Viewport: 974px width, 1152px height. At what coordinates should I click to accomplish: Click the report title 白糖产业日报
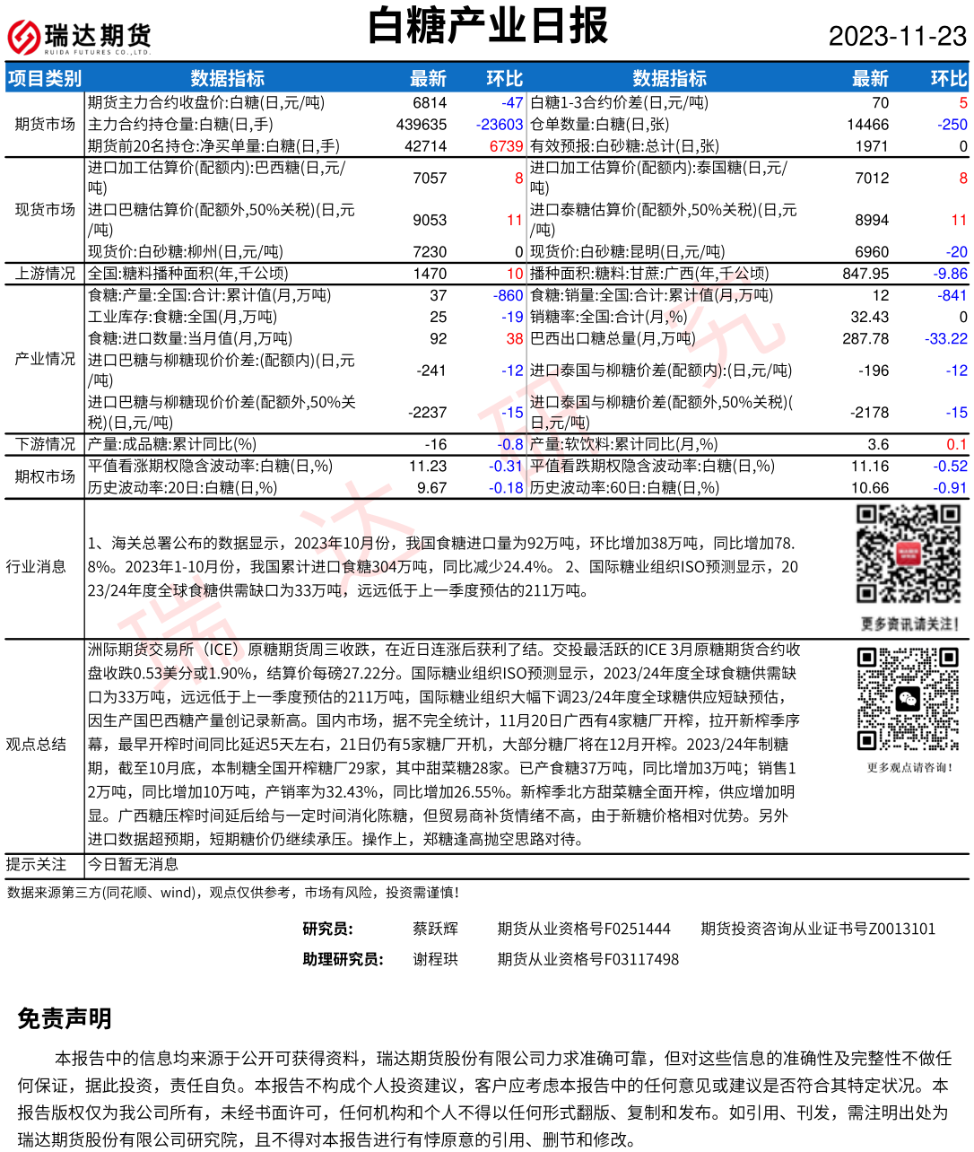(488, 27)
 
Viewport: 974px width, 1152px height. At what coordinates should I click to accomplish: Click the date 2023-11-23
(897, 36)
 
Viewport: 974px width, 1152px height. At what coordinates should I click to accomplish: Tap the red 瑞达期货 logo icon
(23, 38)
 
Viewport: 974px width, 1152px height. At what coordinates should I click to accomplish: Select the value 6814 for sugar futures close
(430, 103)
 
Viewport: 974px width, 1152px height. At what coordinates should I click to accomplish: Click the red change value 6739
(506, 146)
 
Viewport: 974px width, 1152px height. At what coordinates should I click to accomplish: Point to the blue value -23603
(499, 125)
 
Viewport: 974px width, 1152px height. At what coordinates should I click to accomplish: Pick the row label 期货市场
(45, 125)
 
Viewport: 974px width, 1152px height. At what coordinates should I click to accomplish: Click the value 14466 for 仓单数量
(867, 125)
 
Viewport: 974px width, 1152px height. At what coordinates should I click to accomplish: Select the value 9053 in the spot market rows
(430, 220)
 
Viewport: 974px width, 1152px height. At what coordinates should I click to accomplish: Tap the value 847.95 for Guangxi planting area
(865, 274)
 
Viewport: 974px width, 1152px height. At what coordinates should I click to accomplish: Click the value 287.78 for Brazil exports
(865, 338)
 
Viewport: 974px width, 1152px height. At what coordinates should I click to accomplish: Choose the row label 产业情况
(45, 359)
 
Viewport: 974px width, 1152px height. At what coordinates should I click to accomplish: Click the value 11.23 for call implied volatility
(428, 467)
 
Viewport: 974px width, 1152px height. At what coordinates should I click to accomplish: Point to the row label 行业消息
(36, 567)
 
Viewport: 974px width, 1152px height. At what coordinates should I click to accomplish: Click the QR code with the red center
(909, 554)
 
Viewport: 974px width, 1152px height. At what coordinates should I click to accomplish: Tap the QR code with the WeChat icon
(909, 699)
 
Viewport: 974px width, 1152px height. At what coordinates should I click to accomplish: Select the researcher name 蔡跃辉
(435, 929)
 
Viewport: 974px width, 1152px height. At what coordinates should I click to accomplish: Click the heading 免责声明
(65, 1018)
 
